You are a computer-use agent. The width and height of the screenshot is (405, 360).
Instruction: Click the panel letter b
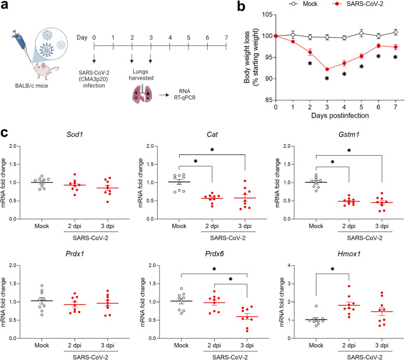241,6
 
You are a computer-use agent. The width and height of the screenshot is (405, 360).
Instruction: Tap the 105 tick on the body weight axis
267,15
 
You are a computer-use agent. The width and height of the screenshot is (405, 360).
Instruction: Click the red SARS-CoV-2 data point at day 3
327,69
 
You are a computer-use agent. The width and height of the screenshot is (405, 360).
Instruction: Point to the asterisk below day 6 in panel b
378,56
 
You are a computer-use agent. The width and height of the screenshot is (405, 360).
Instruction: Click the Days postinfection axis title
340,115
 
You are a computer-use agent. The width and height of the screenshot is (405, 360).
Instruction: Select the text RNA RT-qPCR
184,94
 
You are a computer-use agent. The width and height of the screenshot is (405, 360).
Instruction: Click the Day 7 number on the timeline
226,38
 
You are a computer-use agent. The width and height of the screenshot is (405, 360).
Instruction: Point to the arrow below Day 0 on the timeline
94,58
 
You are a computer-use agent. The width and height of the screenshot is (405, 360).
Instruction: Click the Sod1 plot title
74,134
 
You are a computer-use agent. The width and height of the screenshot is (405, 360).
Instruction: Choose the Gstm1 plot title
349,134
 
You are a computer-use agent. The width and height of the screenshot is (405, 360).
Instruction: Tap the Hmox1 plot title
349,254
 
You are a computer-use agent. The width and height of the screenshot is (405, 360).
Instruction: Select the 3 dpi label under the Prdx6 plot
247,345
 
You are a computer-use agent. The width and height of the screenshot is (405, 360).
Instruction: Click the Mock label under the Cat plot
179,226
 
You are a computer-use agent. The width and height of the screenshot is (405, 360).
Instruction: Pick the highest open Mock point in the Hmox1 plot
316,306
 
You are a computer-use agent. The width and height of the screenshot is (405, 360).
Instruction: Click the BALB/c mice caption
31,85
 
